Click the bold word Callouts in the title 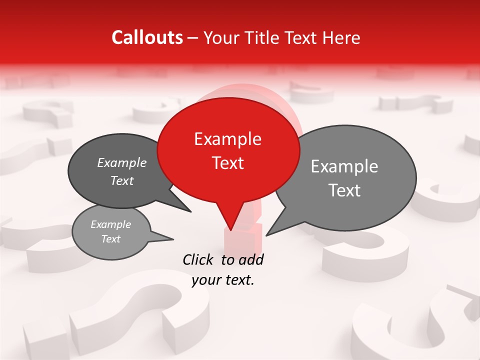(x=147, y=37)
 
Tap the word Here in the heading (x=341, y=37)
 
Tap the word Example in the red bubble (x=228, y=139)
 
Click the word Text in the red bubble (x=228, y=163)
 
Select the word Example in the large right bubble (x=344, y=166)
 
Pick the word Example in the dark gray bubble (x=122, y=163)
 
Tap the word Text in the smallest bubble (x=111, y=239)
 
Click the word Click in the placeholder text (x=198, y=259)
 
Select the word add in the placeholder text (x=251, y=259)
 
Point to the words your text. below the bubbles (x=223, y=280)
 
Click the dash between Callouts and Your (x=193, y=38)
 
